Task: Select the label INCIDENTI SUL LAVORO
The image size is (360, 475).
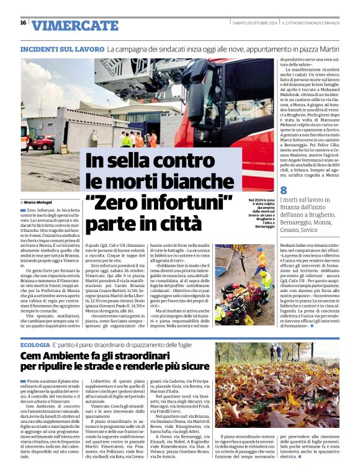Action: pyautogui.click(x=62, y=48)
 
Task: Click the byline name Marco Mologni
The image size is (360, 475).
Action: pyautogui.click(x=39, y=202)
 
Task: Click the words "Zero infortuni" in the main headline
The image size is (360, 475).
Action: pyautogui.click(x=158, y=200)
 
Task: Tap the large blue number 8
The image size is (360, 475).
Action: pyautogui.click(x=284, y=191)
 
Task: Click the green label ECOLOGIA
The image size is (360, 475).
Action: pyautogui.click(x=36, y=344)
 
